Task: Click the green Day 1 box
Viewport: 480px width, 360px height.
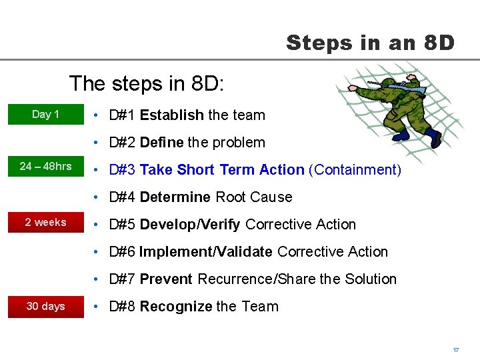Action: (x=45, y=114)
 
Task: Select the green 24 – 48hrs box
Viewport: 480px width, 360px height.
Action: (x=45, y=166)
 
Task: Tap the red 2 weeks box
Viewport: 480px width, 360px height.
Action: (x=45, y=222)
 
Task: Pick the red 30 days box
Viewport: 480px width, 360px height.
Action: (x=45, y=306)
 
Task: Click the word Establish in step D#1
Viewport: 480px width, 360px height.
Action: (x=171, y=115)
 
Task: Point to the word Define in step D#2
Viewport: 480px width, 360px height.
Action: (x=161, y=143)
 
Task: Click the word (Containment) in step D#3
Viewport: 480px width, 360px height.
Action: (x=355, y=170)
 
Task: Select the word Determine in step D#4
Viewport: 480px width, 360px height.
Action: (x=175, y=197)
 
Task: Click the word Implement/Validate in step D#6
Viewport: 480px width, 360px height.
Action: (x=206, y=252)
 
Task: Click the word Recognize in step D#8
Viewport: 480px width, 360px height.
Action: (x=176, y=307)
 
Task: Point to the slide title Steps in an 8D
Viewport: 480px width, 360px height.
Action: (x=370, y=43)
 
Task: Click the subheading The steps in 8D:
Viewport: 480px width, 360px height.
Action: (x=147, y=84)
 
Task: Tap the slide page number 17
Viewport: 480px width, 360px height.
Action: (x=456, y=349)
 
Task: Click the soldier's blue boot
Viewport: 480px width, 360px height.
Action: (x=434, y=138)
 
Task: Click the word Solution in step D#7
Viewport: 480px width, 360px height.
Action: (x=371, y=279)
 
